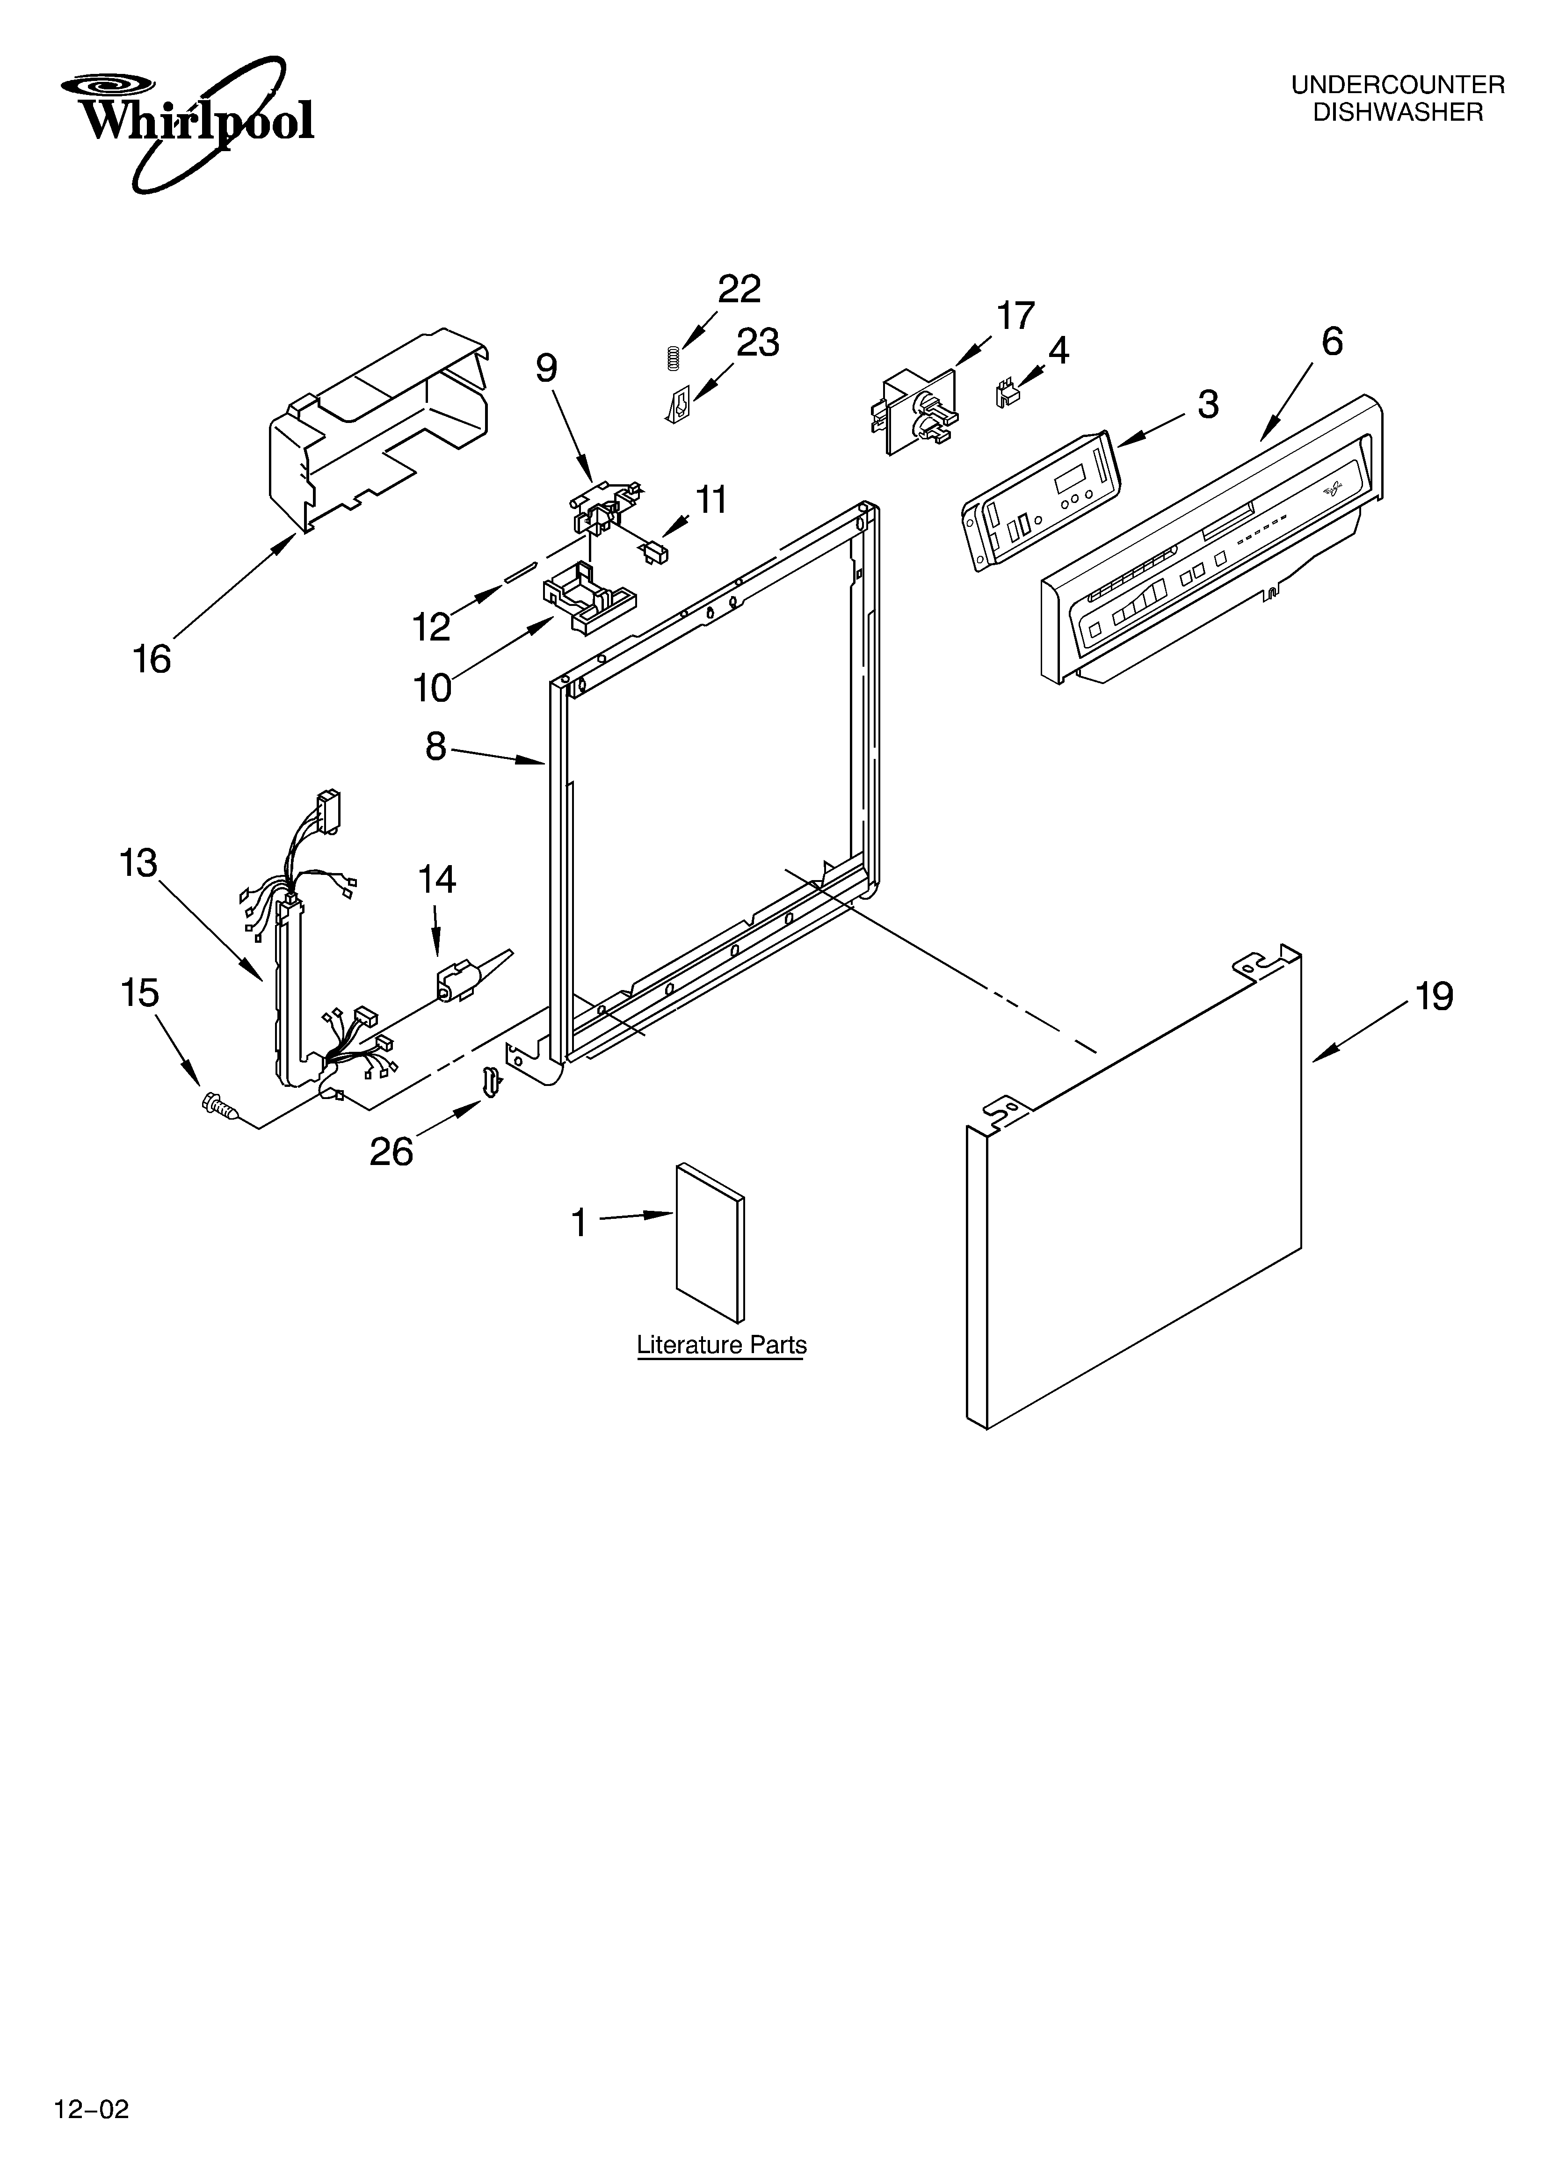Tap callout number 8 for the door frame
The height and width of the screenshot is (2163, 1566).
(436, 747)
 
